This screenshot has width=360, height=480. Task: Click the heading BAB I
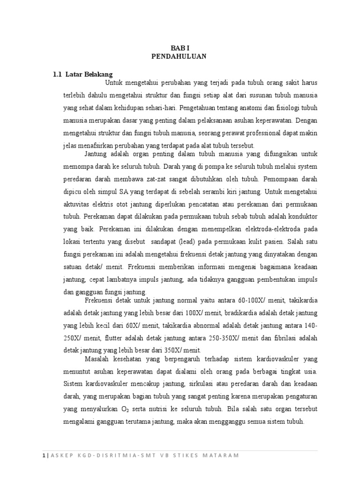point(179,47)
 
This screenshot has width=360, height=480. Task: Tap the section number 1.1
point(57,74)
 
